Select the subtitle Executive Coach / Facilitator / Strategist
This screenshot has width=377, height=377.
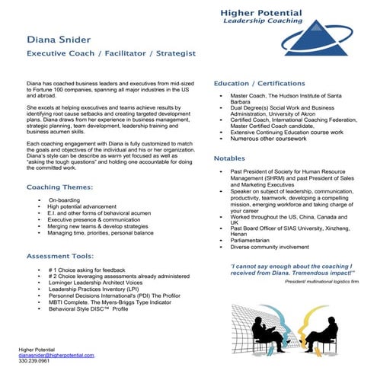[x=111, y=54]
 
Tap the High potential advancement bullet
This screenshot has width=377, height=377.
[x=84, y=206]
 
